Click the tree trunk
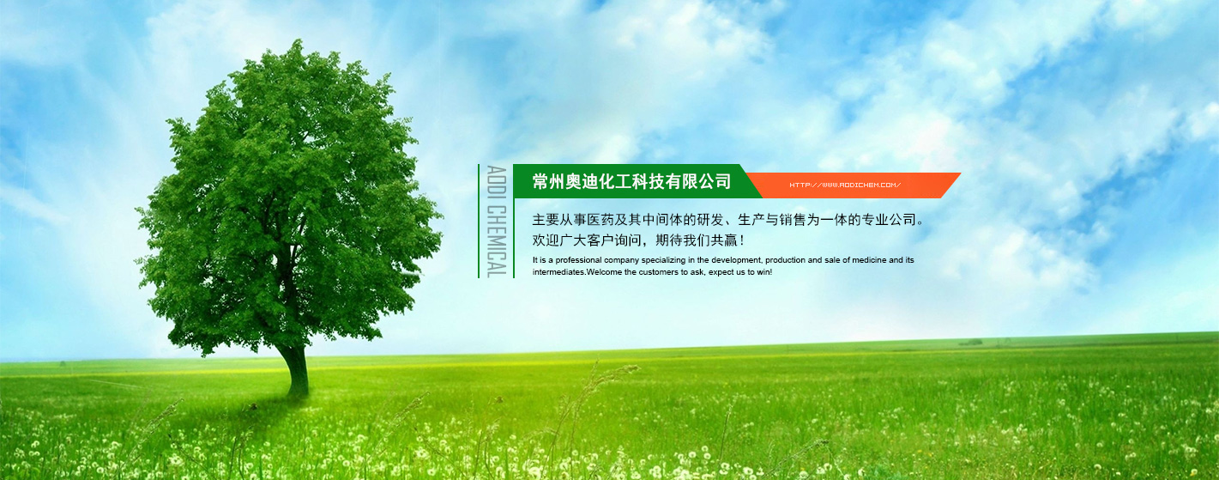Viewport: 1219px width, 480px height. point(297,370)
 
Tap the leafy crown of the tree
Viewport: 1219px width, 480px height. point(288,196)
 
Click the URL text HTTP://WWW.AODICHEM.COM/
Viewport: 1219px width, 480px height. point(845,185)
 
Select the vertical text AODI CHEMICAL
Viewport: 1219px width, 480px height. point(497,222)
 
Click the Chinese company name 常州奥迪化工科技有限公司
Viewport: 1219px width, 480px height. point(632,181)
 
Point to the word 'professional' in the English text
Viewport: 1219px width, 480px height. point(578,260)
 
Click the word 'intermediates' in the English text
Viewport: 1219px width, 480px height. point(559,272)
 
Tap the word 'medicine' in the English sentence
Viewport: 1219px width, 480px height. point(869,260)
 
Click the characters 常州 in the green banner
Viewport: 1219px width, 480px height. point(548,181)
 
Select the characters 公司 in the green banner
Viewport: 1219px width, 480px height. point(715,181)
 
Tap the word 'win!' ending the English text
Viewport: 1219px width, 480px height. point(764,272)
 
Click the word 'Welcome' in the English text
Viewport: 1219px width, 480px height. point(604,272)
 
